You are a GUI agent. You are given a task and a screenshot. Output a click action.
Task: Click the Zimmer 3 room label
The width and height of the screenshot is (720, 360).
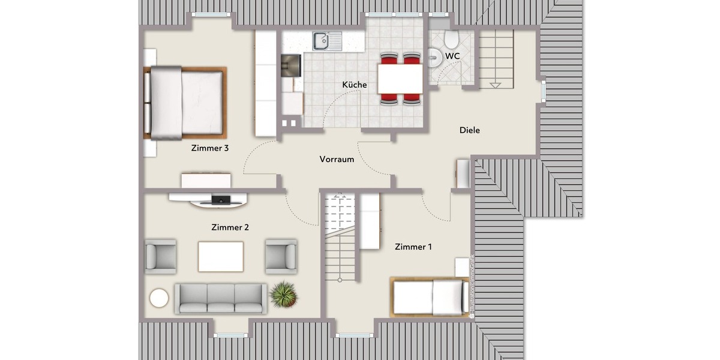[x=209, y=148]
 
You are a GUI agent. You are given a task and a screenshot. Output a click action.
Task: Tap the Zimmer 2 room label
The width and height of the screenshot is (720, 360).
[x=230, y=227]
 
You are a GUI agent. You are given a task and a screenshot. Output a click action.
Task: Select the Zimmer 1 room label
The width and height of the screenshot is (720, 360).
[x=413, y=247]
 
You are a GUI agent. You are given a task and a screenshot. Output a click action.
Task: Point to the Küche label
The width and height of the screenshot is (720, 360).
[x=355, y=85]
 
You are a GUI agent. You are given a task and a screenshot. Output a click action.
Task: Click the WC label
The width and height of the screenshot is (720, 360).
[x=453, y=56]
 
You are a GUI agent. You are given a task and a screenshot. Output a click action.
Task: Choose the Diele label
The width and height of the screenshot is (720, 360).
[x=470, y=130]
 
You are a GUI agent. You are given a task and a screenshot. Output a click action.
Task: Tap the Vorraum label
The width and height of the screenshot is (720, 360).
[x=337, y=159]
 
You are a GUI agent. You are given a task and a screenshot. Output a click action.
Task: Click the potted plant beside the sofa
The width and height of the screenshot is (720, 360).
[x=283, y=295]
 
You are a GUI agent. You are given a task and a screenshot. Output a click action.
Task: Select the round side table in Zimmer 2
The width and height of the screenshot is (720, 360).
[x=160, y=298]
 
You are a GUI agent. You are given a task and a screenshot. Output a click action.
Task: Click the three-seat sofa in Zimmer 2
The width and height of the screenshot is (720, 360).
[x=221, y=298]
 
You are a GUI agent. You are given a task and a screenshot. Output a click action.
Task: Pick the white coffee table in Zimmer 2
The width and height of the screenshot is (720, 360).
[x=221, y=256]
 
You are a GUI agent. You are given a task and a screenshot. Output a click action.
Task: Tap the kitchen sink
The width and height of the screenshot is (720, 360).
[x=322, y=40]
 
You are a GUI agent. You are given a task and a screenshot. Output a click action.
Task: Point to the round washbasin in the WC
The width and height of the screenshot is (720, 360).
[x=436, y=57]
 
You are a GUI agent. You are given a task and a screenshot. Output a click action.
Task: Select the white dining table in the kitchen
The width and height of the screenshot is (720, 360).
[x=400, y=78]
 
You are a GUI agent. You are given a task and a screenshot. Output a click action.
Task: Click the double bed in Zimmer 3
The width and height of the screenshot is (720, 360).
[x=185, y=103]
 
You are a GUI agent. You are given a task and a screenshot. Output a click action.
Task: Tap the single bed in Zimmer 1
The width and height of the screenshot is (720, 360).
[x=430, y=297]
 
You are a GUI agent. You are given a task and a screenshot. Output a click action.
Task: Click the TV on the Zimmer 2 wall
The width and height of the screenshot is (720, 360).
[x=219, y=199]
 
